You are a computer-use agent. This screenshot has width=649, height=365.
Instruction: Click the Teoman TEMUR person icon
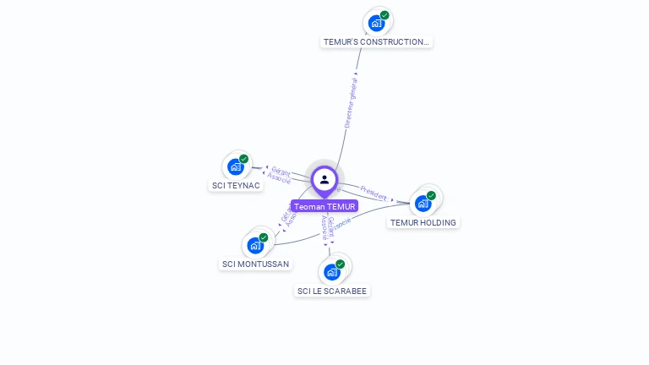tap(324, 179)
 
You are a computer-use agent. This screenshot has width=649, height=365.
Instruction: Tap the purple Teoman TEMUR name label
tap(324, 206)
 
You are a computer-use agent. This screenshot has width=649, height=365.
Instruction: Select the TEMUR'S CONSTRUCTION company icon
tap(376, 23)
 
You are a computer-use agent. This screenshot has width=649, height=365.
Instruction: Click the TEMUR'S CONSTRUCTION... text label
tap(377, 41)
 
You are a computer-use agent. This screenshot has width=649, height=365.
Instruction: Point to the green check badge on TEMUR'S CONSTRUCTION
tap(384, 15)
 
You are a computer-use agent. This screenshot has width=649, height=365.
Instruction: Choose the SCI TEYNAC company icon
tap(236, 166)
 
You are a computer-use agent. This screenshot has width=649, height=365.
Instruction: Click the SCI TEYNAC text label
tap(235, 186)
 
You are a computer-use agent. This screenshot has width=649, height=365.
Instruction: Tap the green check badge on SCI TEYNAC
tap(244, 159)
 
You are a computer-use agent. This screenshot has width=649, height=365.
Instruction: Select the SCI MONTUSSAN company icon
tap(255, 246)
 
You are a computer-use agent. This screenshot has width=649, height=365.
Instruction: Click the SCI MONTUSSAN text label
tap(255, 264)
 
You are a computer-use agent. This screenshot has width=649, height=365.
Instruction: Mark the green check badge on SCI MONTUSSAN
tap(264, 238)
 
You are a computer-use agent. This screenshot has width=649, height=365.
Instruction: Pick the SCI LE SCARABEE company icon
tap(332, 272)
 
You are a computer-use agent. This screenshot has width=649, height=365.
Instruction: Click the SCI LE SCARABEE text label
tap(333, 291)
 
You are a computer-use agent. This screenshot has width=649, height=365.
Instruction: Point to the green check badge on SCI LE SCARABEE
tap(341, 264)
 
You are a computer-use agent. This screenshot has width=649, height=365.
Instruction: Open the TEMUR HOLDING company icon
tap(423, 203)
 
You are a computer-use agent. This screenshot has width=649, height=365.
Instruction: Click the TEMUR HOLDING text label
tap(423, 223)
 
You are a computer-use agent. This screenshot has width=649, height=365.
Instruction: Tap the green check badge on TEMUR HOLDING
tap(431, 196)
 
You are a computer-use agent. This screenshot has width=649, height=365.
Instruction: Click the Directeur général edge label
tap(352, 101)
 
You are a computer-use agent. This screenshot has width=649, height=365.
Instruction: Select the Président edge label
tap(374, 193)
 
